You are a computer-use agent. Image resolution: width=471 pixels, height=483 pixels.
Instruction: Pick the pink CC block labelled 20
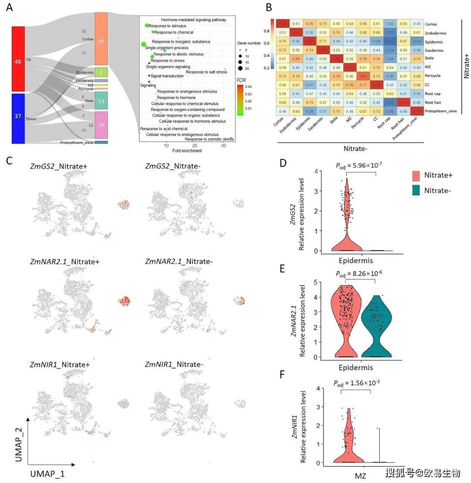pos(101,125)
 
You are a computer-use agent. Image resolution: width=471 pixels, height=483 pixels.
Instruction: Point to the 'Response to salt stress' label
pos(206,72)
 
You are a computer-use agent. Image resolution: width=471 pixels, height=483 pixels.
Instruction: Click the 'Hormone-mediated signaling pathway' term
pos(194,20)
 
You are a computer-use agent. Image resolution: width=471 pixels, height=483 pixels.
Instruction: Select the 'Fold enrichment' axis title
pos(187,151)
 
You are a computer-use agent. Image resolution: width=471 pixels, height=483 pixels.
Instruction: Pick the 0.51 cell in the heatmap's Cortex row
pos(296,24)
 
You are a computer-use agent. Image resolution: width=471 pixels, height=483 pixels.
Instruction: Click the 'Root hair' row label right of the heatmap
pos(434,102)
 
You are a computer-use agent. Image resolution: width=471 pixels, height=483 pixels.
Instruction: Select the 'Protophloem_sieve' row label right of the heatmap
pos(440,111)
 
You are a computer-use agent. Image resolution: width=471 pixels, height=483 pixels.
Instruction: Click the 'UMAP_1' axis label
pos(48,473)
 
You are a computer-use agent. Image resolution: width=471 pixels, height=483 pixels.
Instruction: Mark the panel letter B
pos(269,7)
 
